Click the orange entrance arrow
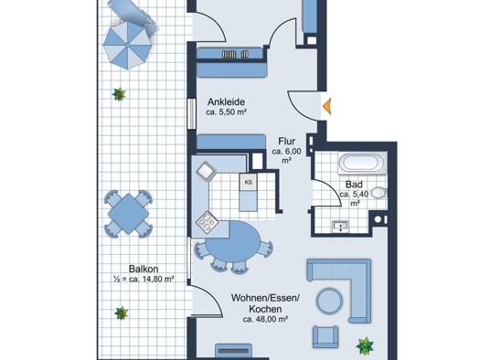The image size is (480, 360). (x=327, y=106)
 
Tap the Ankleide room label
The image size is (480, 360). (x=226, y=101)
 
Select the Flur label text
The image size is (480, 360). (x=287, y=142)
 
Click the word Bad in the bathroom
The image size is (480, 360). (x=354, y=185)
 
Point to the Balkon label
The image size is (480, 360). (x=144, y=270)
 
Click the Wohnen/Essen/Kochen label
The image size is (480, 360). (x=265, y=302)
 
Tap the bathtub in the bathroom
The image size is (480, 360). (x=362, y=164)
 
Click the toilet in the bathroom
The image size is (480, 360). (x=379, y=193)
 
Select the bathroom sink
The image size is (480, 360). (x=341, y=226)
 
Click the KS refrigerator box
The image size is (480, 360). (x=249, y=183)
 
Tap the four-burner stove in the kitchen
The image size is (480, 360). (x=207, y=222)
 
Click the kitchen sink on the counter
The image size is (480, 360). (x=207, y=171)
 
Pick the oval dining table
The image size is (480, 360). (x=232, y=241)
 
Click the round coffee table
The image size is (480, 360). (x=329, y=302)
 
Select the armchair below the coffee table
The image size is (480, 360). (x=325, y=337)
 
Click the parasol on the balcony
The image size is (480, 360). (x=127, y=45)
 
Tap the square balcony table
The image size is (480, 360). (x=128, y=214)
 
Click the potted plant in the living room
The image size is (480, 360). (x=365, y=345)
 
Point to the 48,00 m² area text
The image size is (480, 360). (x=265, y=319)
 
